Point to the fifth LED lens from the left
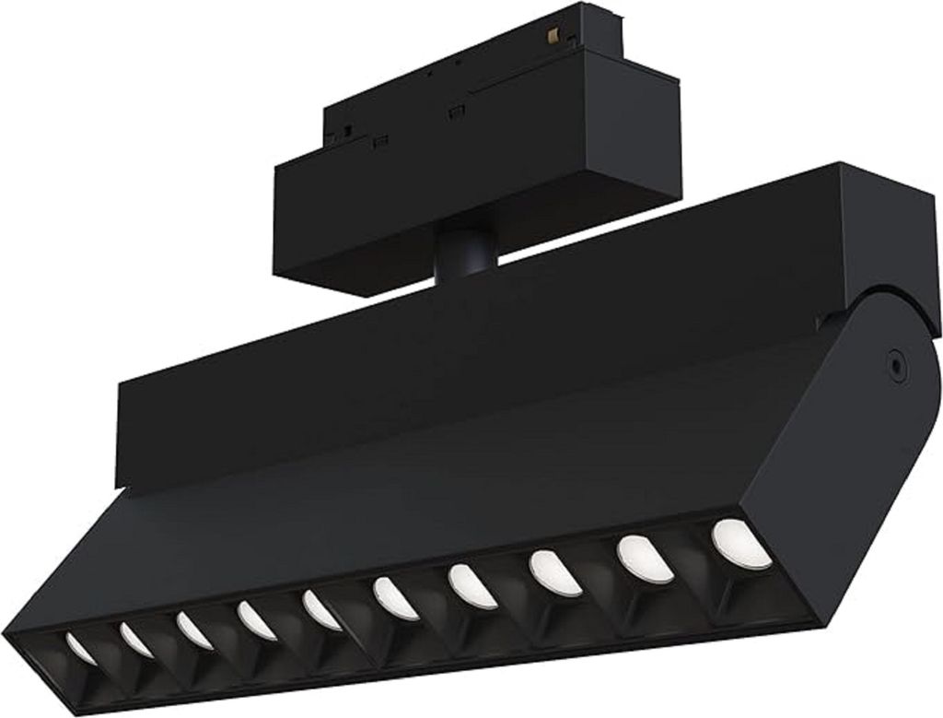pos(320,609)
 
